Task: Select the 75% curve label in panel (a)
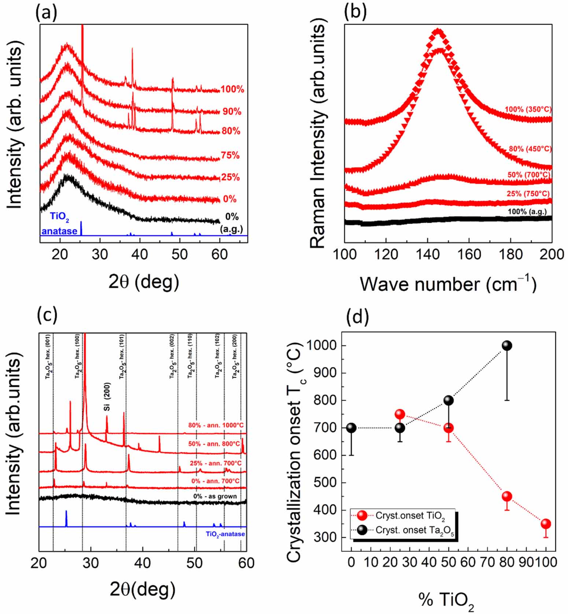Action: coord(230,155)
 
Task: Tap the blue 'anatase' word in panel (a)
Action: coord(59,231)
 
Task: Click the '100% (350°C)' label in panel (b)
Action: coord(528,109)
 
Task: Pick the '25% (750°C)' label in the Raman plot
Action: coord(528,193)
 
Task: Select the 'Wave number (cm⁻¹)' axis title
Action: coord(448,284)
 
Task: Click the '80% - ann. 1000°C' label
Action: coord(215,425)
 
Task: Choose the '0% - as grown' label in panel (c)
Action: coord(215,496)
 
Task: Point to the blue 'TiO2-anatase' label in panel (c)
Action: coord(225,534)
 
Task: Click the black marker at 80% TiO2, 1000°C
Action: coord(507,345)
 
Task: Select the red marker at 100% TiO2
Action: coord(546,524)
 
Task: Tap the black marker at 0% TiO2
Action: coord(351,428)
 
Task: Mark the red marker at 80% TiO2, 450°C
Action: coord(507,496)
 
